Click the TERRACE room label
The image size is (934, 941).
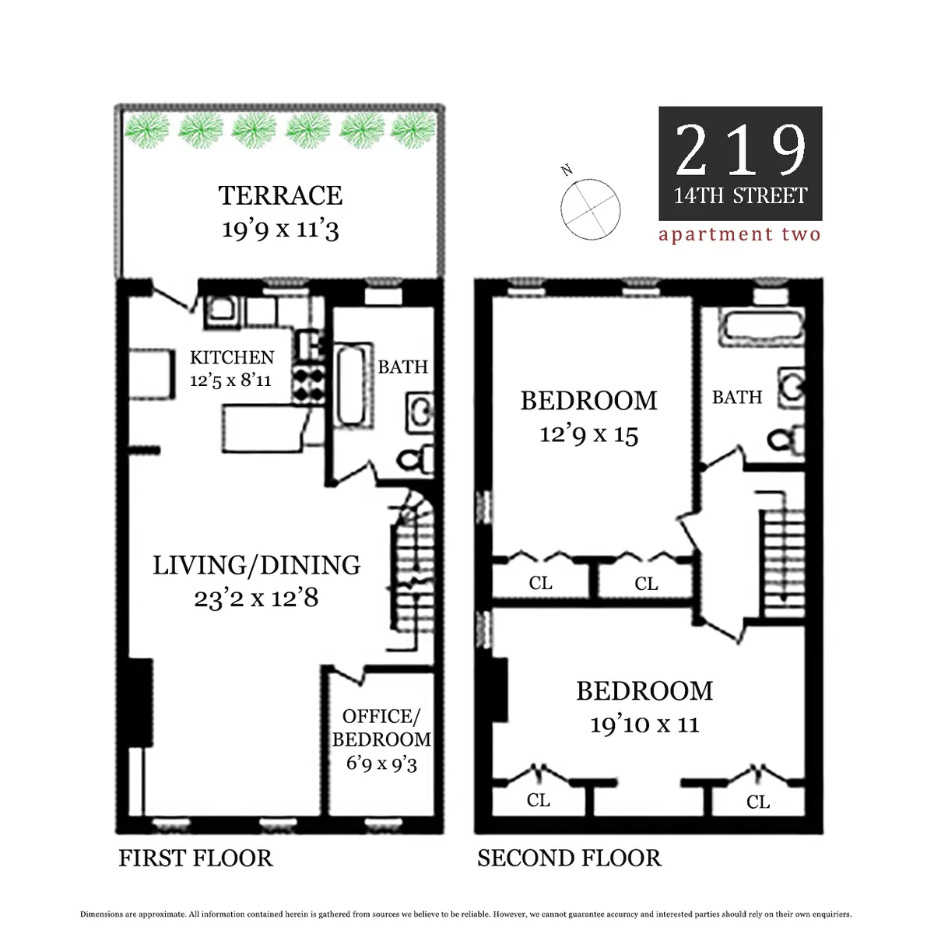click(280, 195)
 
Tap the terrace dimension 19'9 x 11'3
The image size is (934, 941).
click(280, 229)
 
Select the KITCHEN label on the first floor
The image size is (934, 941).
click(232, 357)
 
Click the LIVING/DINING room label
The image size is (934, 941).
click(256, 565)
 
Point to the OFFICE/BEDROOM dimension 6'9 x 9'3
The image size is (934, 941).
click(381, 763)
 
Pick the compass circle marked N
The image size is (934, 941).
click(591, 209)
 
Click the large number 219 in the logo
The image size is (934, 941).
click(740, 150)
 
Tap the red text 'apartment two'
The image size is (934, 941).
click(739, 234)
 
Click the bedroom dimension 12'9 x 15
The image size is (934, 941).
click(588, 434)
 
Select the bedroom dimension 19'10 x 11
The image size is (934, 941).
click(644, 725)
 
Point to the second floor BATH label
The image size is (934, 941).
click(736, 397)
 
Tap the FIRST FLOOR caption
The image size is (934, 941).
click(195, 858)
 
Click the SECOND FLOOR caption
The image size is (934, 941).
click(569, 858)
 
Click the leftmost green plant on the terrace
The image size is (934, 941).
click(147, 131)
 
